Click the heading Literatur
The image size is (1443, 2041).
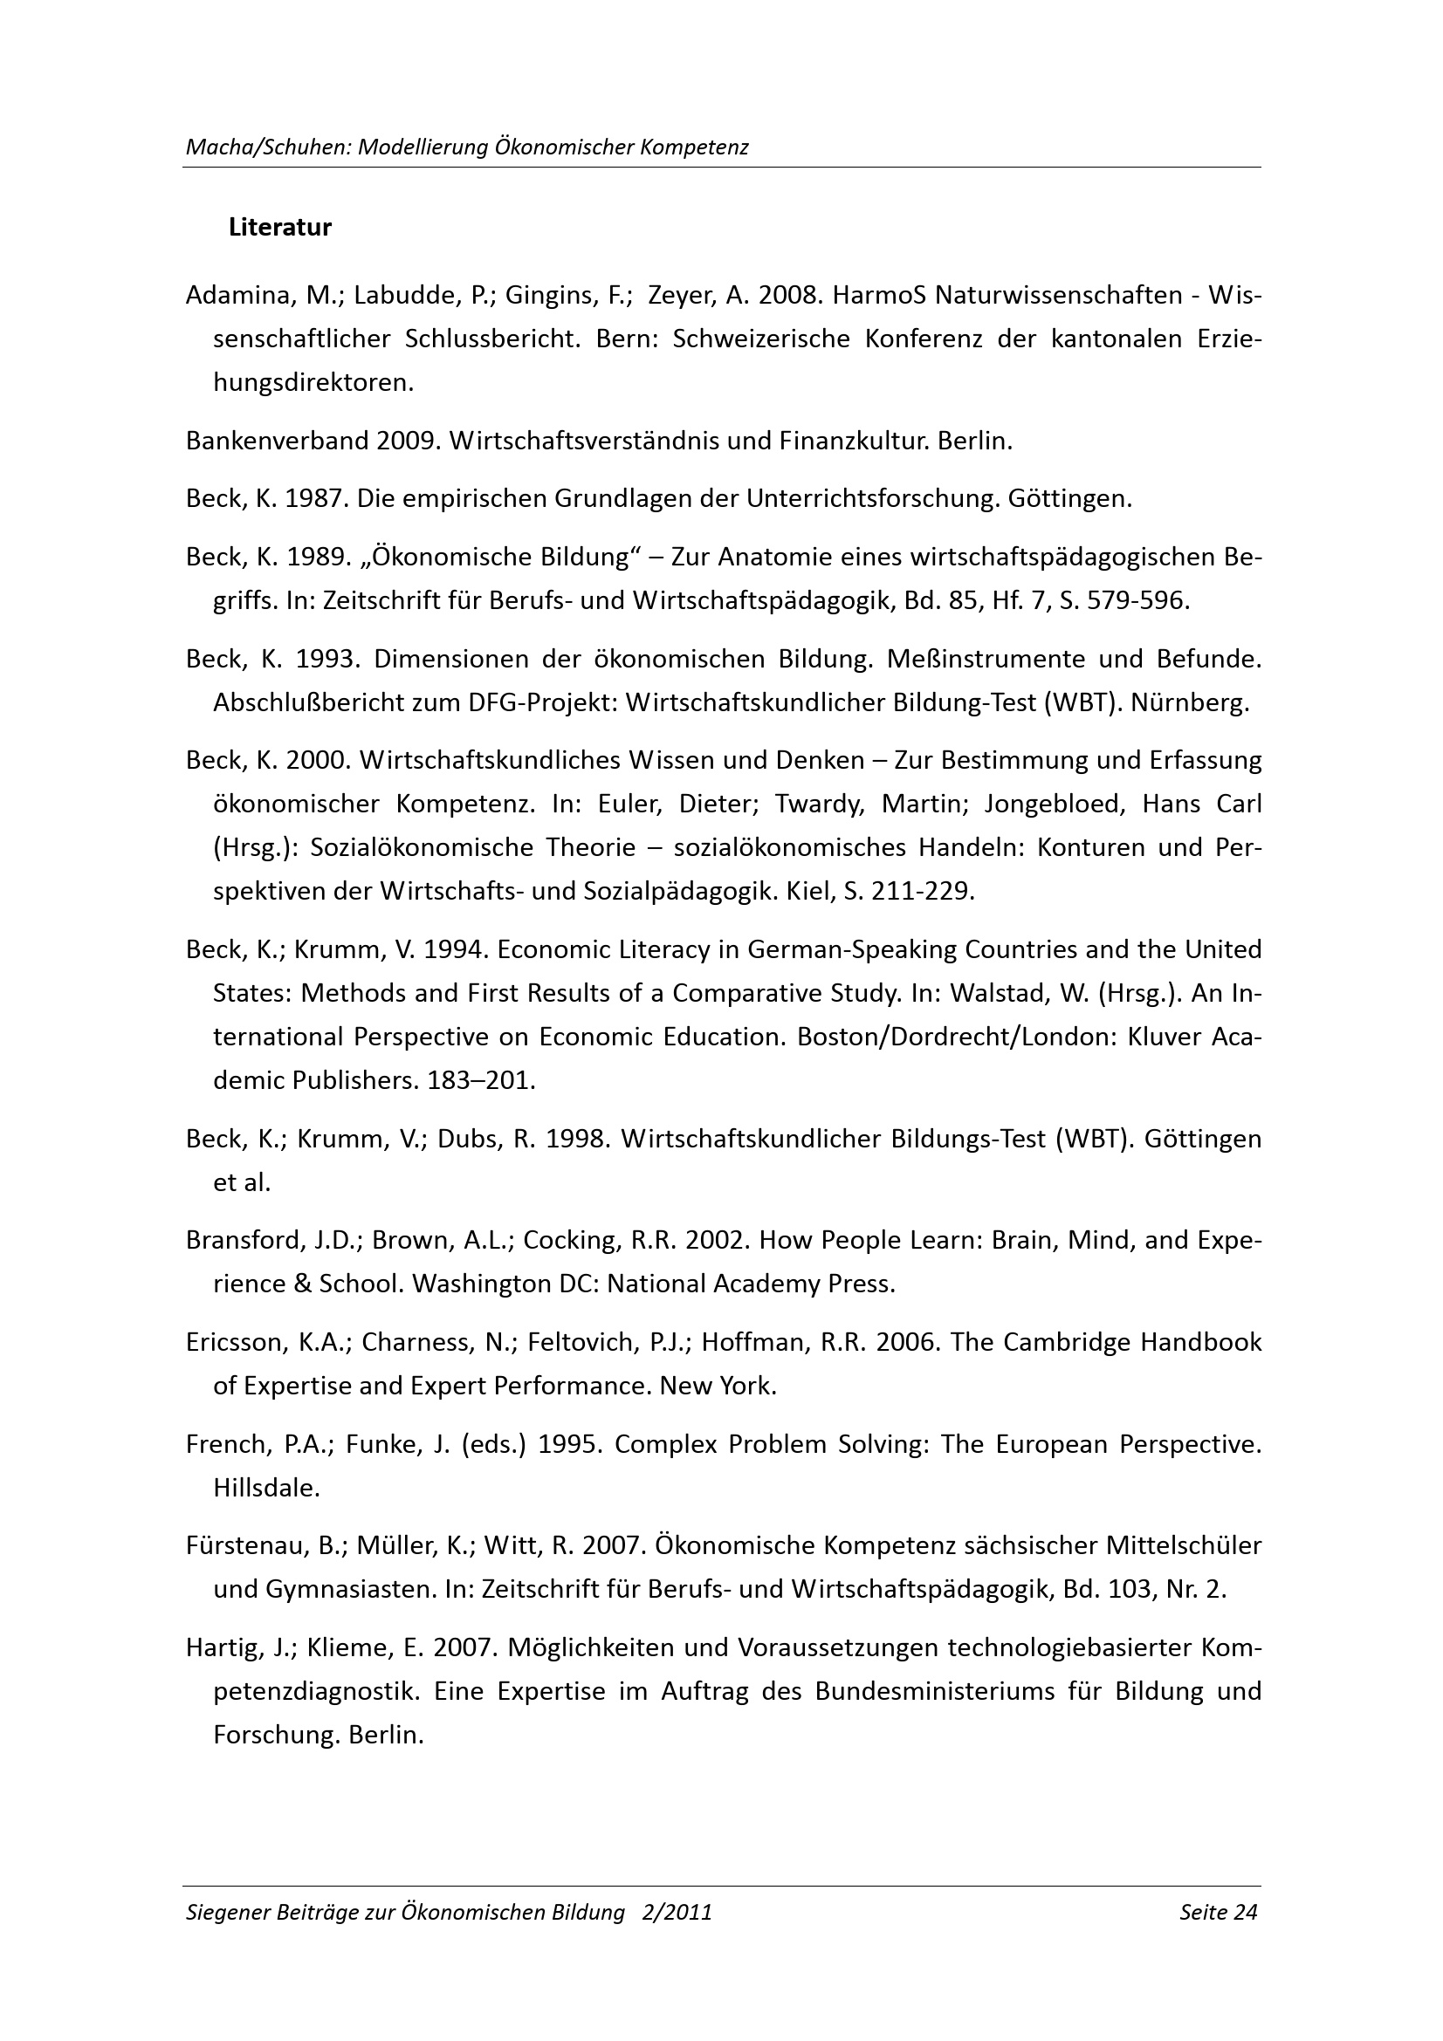[280, 228]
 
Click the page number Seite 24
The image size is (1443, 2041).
[1218, 1912]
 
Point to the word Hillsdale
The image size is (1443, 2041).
[265, 1488]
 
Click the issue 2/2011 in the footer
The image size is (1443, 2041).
[677, 1912]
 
